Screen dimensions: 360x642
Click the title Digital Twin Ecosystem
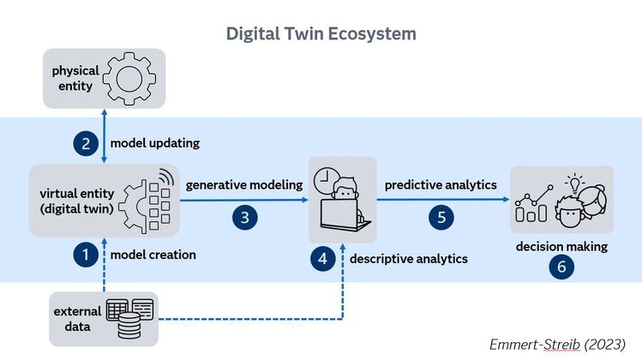[321, 33]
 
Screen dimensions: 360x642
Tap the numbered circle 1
[86, 255]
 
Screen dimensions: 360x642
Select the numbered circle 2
[86, 143]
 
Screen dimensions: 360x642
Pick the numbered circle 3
[244, 218]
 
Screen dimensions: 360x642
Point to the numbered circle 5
[441, 218]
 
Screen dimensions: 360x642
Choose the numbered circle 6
[561, 267]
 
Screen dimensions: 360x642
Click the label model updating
[154, 143]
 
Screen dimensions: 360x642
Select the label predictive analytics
[441, 184]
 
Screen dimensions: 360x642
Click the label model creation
[153, 255]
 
